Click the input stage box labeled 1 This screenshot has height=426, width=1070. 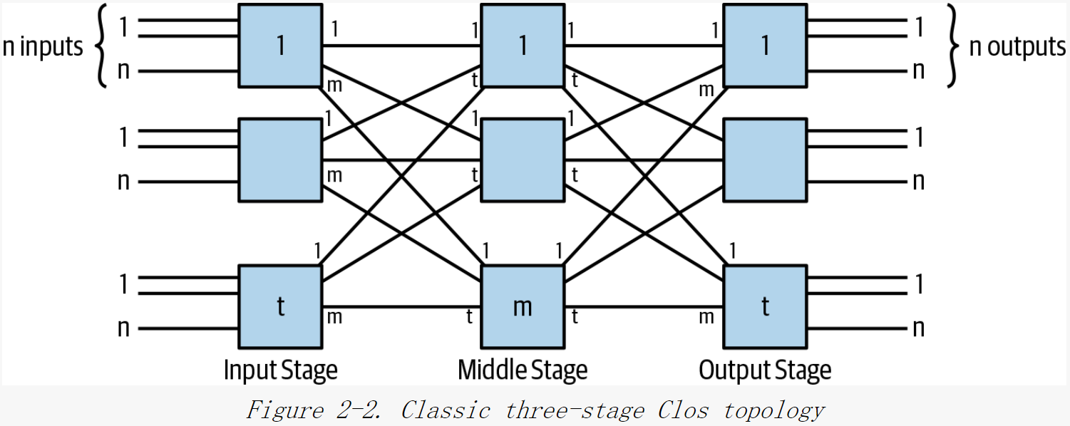280,46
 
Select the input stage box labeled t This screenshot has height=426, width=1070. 280,306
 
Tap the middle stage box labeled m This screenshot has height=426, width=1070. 523,306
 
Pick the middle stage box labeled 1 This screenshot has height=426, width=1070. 523,46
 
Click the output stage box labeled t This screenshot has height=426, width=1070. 765,306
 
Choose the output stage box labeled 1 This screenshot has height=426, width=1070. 765,46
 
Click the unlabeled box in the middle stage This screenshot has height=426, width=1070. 523,160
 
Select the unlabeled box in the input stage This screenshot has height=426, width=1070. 280,160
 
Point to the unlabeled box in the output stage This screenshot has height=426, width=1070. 765,160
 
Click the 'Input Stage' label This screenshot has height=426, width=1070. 280,370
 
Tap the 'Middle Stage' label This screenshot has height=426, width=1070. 523,370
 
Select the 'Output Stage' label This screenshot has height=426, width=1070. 765,370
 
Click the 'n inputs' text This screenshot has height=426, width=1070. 43,47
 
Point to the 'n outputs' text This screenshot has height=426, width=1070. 1017,47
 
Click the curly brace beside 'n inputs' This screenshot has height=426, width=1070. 102,47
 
